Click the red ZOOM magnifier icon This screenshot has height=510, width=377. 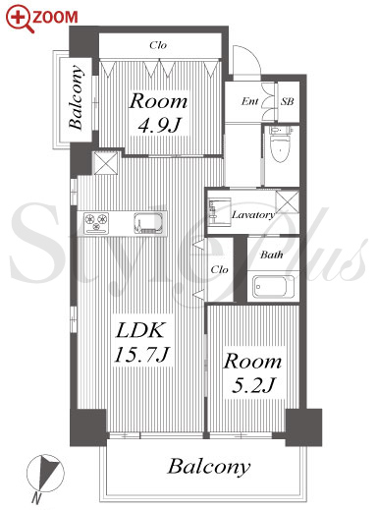20,20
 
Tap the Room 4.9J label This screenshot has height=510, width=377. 158,113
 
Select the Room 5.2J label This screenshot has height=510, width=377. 252,372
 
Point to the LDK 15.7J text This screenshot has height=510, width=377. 141,342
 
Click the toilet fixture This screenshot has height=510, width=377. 281,144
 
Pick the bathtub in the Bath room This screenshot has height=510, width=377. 274,287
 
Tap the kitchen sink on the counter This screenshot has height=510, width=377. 148,223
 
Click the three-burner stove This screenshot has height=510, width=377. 96,223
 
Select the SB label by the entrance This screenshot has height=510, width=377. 287,101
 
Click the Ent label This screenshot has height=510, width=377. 250,101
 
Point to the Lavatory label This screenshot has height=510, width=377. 253,215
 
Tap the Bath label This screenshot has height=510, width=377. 271,255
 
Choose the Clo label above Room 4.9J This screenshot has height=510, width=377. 158,45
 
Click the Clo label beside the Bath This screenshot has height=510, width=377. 219,269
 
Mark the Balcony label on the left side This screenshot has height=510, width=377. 76,97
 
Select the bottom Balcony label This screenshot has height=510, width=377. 209,467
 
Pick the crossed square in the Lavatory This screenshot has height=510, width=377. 287,202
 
